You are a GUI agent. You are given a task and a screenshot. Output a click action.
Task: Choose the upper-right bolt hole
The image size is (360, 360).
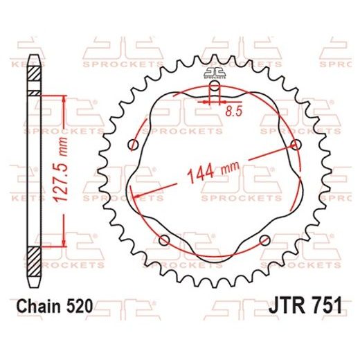[296, 144]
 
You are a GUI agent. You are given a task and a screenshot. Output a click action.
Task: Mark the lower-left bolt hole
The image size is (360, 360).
[164, 240]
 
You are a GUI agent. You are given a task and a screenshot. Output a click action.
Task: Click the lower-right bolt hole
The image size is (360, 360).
[265, 240]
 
